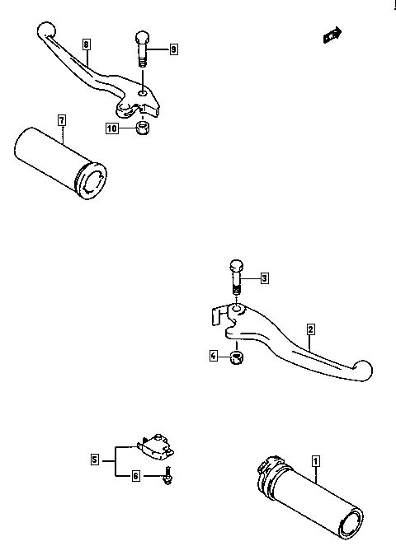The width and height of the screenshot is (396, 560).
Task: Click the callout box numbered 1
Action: (315, 461)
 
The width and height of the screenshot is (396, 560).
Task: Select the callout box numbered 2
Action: (310, 329)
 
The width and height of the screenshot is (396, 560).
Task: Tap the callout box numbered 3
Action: (264, 278)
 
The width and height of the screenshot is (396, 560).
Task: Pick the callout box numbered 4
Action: (214, 356)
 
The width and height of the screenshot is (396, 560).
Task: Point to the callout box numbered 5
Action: (94, 460)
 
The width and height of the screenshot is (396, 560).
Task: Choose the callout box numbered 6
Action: (135, 476)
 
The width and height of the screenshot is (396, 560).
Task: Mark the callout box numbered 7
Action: (62, 120)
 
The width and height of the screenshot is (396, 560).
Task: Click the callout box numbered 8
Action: (86, 44)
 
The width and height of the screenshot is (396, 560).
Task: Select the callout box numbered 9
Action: (173, 49)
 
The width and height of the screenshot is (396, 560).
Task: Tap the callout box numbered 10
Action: (112, 128)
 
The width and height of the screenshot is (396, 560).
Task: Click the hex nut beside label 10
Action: (143, 128)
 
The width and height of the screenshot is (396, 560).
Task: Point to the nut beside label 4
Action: (236, 357)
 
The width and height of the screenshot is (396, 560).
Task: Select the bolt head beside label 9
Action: (142, 38)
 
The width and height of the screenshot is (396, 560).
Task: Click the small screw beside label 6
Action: (167, 476)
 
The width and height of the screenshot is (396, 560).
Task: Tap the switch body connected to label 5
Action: (156, 446)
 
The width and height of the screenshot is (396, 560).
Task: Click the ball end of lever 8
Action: (46, 30)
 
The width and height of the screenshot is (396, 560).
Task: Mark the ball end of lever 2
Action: (363, 370)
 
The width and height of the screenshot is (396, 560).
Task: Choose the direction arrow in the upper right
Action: (332, 35)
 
